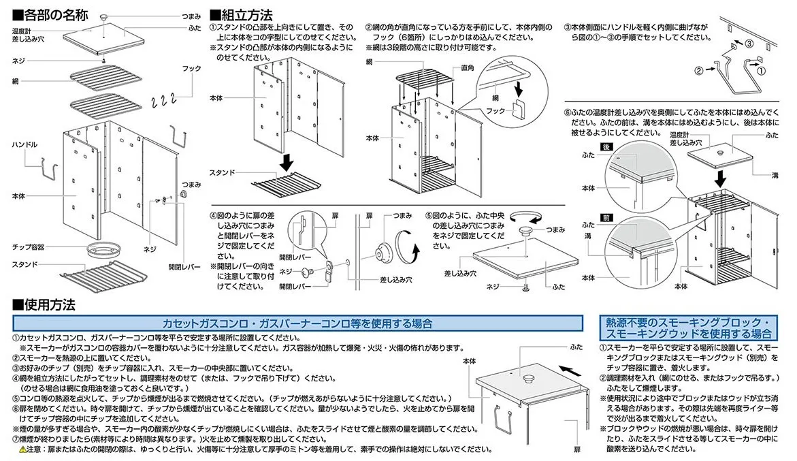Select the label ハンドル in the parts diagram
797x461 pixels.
click(x=25, y=145)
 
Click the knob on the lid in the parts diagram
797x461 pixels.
click(x=103, y=15)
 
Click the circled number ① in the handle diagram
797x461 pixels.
click(x=762, y=69)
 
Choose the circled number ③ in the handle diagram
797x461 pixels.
click(x=748, y=44)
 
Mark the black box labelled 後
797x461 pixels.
click(x=604, y=146)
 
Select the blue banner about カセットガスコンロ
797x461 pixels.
click(x=296, y=323)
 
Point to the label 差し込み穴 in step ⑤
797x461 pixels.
click(x=459, y=273)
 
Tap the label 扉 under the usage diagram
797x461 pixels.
click(x=576, y=450)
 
